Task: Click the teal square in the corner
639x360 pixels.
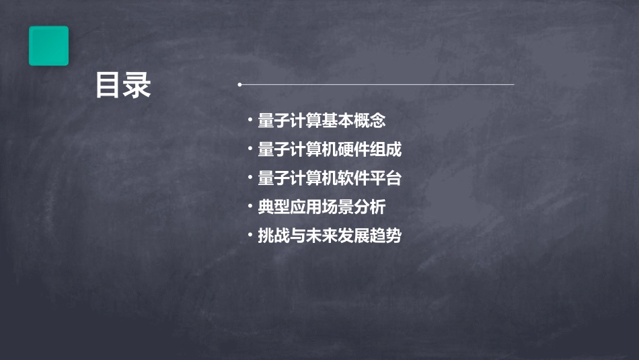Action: point(48,46)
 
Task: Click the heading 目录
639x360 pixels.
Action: point(123,85)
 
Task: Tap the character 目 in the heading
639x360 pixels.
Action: point(108,85)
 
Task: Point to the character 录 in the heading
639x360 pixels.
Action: point(138,85)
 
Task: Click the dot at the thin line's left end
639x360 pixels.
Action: point(239,85)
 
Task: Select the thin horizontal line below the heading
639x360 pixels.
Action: point(377,85)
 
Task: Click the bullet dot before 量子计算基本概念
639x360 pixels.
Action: point(250,120)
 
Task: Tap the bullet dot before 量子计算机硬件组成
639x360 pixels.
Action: point(250,149)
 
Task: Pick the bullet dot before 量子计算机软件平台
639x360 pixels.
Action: point(250,178)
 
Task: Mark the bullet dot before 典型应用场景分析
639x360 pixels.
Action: point(250,207)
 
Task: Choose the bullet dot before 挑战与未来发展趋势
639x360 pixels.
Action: point(250,236)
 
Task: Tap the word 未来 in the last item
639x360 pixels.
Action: point(322,236)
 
